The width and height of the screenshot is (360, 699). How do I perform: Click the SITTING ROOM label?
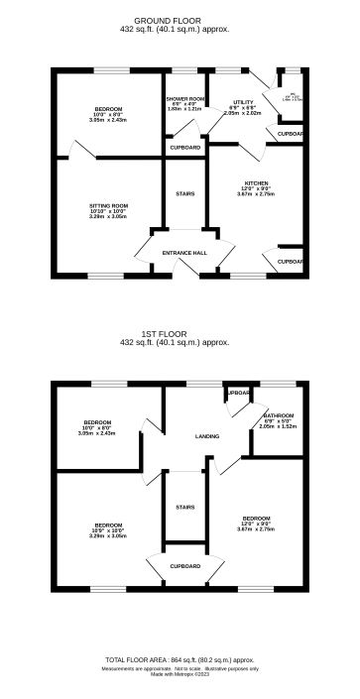click(108, 205)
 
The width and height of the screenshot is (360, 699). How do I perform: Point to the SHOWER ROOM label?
click(185, 99)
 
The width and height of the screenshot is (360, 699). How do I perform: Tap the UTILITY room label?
click(243, 102)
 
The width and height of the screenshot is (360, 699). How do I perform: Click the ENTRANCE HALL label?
click(184, 253)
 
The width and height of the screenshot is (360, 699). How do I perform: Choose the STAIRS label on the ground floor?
click(184, 193)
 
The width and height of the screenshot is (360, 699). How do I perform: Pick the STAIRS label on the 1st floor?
click(184, 507)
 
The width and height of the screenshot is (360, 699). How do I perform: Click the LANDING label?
click(207, 436)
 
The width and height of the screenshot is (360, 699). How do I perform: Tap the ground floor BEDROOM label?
click(108, 108)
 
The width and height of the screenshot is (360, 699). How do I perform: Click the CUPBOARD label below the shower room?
click(184, 147)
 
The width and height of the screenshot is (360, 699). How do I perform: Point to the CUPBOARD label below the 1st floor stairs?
click(184, 566)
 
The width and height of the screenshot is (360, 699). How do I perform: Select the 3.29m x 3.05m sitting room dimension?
click(108, 216)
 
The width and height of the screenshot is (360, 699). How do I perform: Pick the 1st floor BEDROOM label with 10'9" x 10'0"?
click(108, 524)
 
